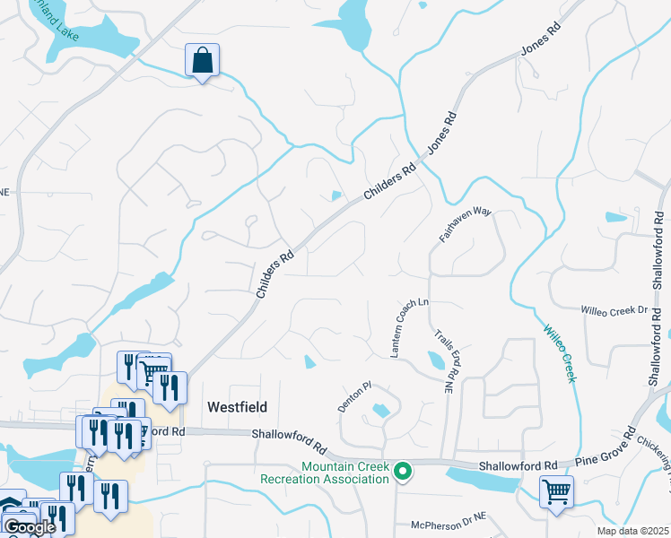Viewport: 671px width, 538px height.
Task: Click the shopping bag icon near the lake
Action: [x=203, y=62]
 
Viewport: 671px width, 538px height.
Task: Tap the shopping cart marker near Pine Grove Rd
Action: [x=556, y=492]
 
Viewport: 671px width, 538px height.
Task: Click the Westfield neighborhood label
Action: [x=237, y=406]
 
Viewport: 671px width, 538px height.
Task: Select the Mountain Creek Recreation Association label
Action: [x=326, y=473]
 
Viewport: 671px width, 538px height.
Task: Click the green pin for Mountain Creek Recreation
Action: [x=404, y=471]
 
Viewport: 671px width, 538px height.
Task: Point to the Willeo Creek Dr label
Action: [x=614, y=309]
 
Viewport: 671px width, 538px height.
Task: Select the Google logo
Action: [x=29, y=527]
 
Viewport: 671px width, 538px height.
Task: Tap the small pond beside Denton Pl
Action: [x=379, y=412]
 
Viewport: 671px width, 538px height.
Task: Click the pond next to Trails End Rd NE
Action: [x=436, y=360]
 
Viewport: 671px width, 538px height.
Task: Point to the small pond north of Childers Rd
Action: [x=335, y=195]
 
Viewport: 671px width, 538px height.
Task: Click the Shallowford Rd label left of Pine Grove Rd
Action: [x=518, y=466]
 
